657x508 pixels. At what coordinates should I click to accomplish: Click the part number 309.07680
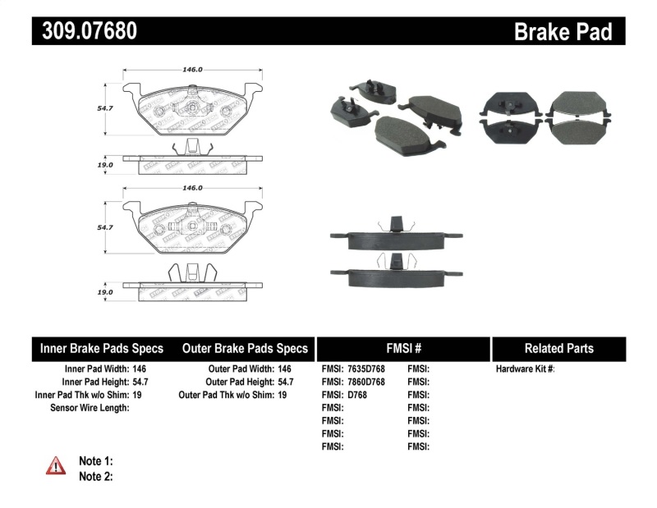[x=85, y=31]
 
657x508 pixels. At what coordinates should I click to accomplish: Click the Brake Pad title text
[x=563, y=31]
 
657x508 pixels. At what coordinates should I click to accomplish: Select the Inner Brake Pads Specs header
[x=102, y=349]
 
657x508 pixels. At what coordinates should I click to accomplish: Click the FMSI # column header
[x=402, y=349]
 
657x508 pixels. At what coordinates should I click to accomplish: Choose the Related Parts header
[x=558, y=349]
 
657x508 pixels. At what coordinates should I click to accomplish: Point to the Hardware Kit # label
[x=525, y=369]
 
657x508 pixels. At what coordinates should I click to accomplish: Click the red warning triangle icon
[x=56, y=465]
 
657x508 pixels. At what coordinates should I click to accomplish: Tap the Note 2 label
[x=95, y=476]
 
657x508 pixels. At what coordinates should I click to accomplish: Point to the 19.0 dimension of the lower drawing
[x=104, y=291]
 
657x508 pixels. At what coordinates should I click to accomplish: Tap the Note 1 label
[x=95, y=461]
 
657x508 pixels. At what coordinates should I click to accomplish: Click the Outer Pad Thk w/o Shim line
[x=232, y=395]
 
